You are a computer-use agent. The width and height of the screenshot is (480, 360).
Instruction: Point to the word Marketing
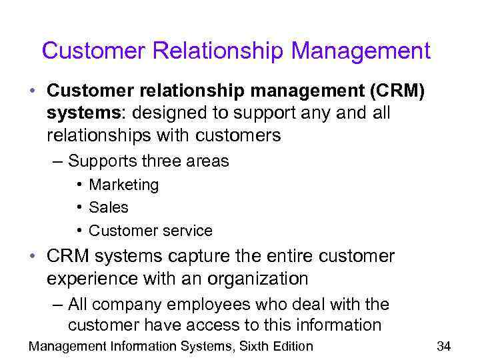click(124, 185)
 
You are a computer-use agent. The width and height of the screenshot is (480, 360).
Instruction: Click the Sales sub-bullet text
click(109, 208)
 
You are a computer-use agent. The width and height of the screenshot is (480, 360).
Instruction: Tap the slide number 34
click(444, 345)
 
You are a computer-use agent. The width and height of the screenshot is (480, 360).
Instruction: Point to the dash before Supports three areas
click(58, 161)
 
